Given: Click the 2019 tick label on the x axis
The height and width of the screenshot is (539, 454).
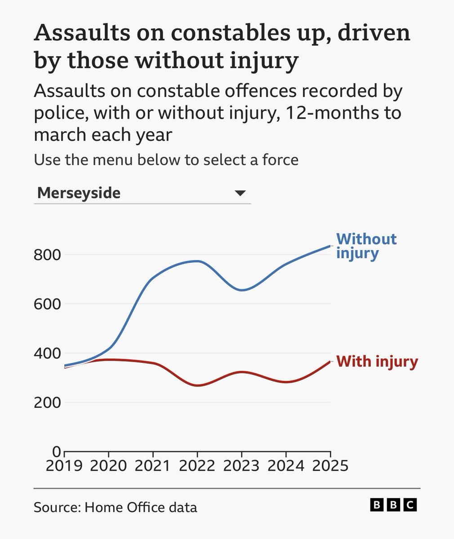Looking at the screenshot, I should (64, 465).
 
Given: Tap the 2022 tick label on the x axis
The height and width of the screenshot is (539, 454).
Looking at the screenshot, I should (197, 465).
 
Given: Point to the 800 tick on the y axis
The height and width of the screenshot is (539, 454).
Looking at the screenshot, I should (47, 255).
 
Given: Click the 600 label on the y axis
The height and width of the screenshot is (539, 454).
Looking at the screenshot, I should (47, 304).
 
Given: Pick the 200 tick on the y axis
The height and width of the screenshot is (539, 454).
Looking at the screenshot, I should (47, 402).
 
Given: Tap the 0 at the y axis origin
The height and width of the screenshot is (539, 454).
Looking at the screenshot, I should (56, 451).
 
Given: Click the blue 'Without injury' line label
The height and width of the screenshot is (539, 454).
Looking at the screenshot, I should (366, 246).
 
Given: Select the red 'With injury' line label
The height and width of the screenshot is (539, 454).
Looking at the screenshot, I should (377, 362).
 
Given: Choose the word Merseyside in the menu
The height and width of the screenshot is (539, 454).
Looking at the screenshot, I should (79, 193).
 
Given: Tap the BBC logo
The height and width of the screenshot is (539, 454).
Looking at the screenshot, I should (393, 505).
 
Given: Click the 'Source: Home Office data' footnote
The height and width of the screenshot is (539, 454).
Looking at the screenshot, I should (115, 508).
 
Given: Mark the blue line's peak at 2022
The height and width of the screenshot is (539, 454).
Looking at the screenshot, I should (197, 261).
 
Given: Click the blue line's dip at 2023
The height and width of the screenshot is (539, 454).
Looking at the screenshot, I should (241, 290).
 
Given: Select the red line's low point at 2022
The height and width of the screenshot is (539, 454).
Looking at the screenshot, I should (197, 386).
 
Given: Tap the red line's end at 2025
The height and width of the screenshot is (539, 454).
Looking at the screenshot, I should (330, 362).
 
